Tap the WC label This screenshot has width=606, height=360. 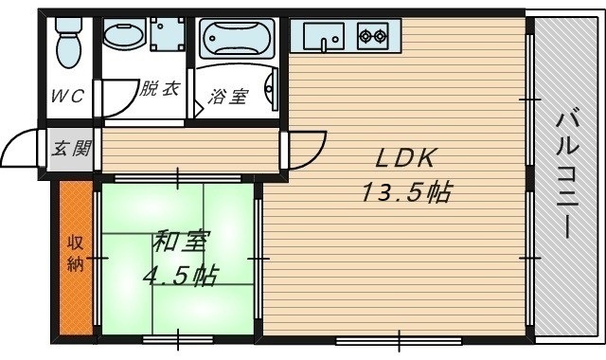[x=67, y=95]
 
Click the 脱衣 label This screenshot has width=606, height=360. [x=158, y=91]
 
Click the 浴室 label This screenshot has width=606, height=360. [x=228, y=97]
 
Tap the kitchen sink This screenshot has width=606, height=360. [x=327, y=38]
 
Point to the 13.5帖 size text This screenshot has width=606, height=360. [x=404, y=193]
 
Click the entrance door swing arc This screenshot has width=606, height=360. [x=21, y=150]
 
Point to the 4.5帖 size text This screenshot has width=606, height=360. [x=179, y=277]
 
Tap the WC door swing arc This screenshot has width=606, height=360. [x=111, y=99]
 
